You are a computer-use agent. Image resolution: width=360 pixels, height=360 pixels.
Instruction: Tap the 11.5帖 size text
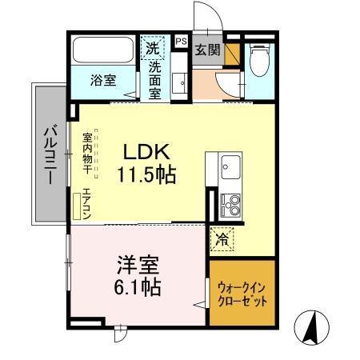147,173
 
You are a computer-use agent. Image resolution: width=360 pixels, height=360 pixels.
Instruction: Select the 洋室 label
137,263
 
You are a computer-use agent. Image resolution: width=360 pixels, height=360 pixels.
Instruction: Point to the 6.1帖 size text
137,286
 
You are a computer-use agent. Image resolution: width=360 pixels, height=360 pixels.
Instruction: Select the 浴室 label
102,80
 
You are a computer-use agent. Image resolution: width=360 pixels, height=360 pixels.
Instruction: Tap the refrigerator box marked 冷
220,237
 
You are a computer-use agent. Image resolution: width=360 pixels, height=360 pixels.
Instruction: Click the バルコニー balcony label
48,154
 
